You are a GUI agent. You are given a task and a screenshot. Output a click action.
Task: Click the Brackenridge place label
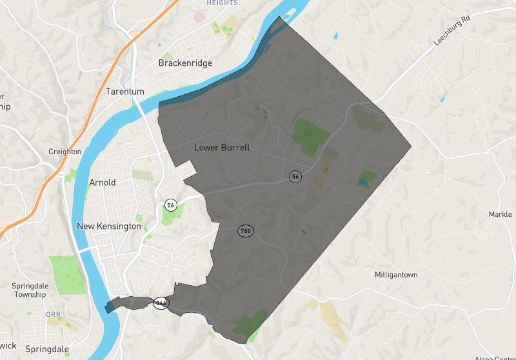click(x=185, y=63)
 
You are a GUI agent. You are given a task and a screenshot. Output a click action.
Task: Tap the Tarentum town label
click(x=125, y=92)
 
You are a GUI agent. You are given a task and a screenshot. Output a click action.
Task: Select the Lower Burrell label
click(x=222, y=148)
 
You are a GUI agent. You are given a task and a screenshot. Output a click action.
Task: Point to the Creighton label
click(x=65, y=152)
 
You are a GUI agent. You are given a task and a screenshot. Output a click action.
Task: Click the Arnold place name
click(x=103, y=183)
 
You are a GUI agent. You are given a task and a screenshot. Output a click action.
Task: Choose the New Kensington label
click(x=108, y=226)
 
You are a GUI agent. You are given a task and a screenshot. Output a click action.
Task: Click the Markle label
click(x=500, y=214)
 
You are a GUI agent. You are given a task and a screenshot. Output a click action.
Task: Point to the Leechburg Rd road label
click(x=453, y=31)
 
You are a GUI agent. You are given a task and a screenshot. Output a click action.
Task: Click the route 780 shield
click(x=245, y=231)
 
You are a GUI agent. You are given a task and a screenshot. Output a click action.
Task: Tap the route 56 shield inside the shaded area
click(x=295, y=176)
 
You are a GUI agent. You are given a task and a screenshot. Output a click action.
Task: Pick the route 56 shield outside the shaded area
click(x=170, y=205)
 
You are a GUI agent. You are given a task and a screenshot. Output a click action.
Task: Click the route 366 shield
click(x=161, y=303)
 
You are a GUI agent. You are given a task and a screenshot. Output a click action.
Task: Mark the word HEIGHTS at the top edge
click(x=222, y=3)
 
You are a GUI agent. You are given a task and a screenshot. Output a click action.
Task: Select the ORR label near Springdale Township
click(x=53, y=314)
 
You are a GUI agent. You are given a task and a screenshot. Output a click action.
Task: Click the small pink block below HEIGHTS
click(x=199, y=15)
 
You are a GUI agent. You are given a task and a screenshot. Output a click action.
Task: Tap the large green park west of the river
click(x=66, y=274)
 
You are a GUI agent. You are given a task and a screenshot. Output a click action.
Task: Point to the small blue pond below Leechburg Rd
click(x=442, y=100)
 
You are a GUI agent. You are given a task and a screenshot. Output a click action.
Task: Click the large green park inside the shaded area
click(x=310, y=134)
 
